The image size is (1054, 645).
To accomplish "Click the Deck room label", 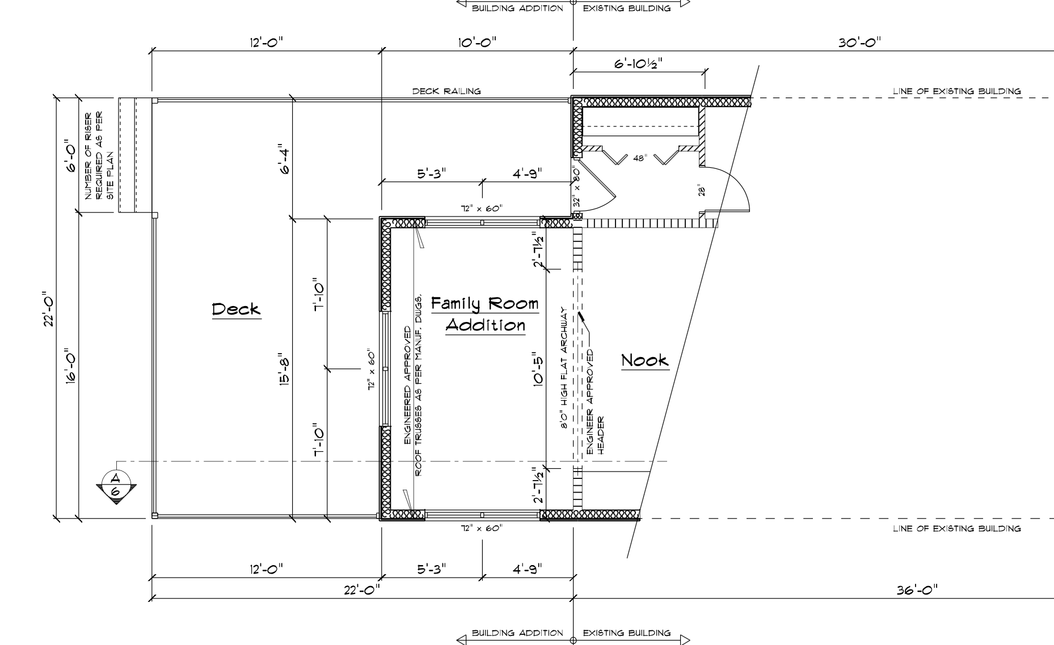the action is pos(236,309).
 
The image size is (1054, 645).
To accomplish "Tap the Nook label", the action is pos(645,360).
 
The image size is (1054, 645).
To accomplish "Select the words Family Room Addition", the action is pos(485,314).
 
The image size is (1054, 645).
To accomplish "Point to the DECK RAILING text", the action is pos(446,91).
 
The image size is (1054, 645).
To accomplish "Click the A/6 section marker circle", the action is pos(116,484).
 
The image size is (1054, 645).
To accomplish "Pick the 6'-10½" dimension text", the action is pos(638,64).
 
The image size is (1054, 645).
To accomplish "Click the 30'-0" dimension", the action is pos(860,43).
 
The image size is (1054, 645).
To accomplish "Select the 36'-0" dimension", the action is pos(917,590).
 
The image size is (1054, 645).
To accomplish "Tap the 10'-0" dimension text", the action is pos(477,43).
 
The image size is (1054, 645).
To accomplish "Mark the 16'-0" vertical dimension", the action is pos(71,366).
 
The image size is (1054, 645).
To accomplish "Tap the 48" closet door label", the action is pos(640,159).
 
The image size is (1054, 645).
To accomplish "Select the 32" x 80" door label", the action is pos(576,186).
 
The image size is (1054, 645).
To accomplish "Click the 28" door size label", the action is pos(702,192).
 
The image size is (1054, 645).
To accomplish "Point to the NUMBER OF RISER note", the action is pos(99,156).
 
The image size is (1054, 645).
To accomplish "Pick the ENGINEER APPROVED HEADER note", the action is pos(595,402).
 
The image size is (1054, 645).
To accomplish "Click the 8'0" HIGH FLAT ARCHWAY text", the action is pos(564,369).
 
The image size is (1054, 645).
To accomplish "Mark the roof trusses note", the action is pos(413,385).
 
